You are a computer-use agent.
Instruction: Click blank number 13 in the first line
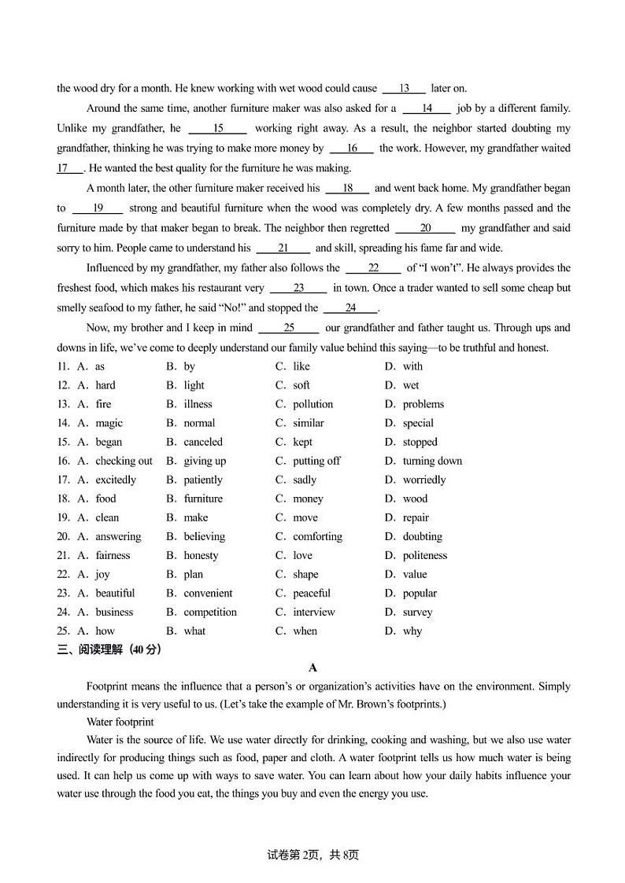click(x=404, y=89)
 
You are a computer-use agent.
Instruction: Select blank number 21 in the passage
click(x=283, y=248)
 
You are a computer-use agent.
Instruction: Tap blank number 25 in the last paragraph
click(x=289, y=328)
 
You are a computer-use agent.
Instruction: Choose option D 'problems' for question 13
click(x=423, y=404)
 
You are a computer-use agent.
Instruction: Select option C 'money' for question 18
click(x=308, y=499)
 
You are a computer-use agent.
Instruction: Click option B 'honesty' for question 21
click(x=201, y=555)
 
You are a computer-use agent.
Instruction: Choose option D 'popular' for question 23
click(x=420, y=593)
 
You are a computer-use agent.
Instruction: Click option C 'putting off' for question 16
click(x=316, y=461)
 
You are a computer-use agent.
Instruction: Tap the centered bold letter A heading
click(x=312, y=668)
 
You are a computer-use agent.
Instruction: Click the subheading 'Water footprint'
click(x=120, y=722)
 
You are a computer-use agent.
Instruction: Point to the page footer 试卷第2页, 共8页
click(x=312, y=855)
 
